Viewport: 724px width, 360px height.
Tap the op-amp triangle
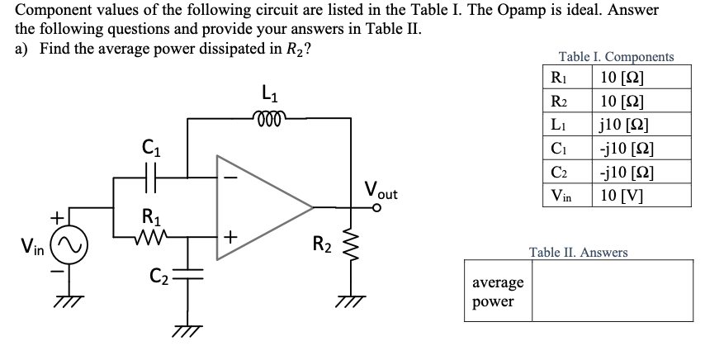[x=261, y=205]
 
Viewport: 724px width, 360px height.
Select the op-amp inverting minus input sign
[x=234, y=175]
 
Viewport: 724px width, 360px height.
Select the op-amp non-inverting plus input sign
[x=234, y=237]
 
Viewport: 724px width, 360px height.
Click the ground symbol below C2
[x=188, y=329]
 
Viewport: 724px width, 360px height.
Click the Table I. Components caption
[x=616, y=57]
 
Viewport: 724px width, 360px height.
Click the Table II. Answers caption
[x=578, y=252]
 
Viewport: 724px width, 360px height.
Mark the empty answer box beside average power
[x=612, y=293]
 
